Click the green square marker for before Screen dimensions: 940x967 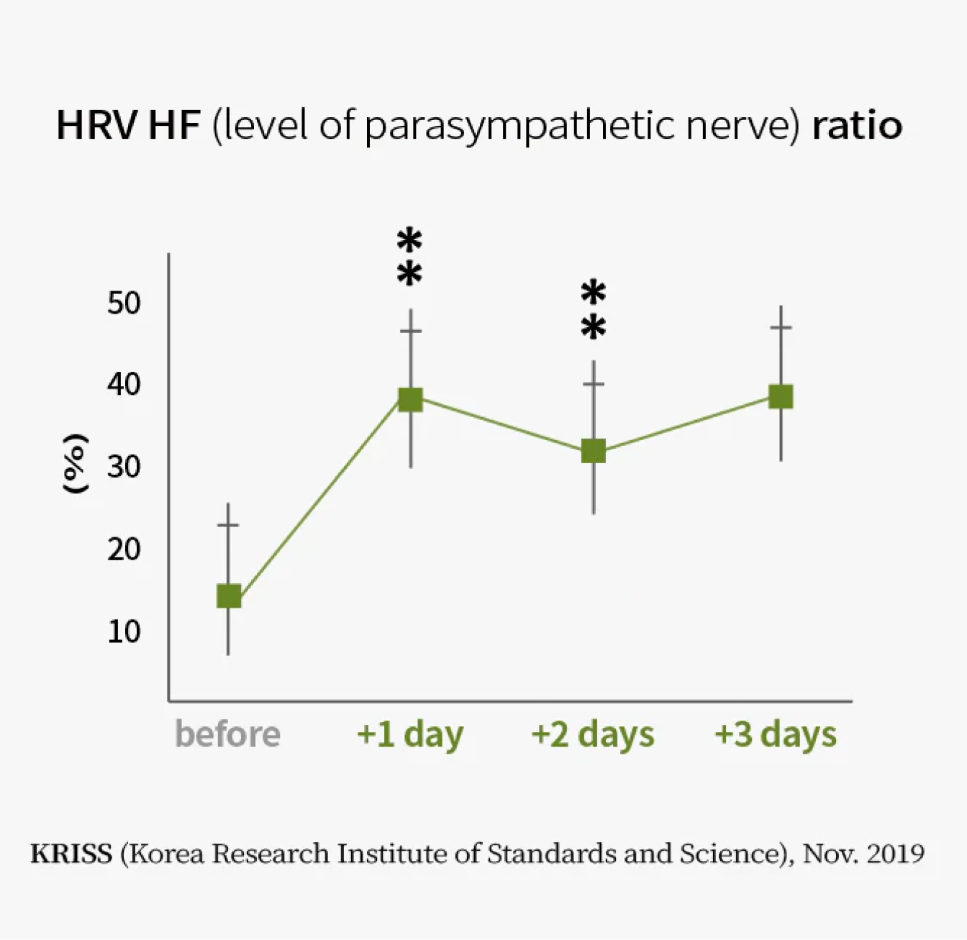click(229, 596)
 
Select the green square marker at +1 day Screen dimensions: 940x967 click(410, 399)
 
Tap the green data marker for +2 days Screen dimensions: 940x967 click(593, 452)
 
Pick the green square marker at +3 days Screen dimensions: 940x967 click(781, 396)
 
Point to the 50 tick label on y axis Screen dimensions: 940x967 click(124, 303)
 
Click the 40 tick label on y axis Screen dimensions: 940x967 click(124, 385)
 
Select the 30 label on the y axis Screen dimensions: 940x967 click(124, 467)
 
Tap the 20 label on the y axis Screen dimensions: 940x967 click(124, 549)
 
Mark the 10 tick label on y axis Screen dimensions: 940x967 click(124, 631)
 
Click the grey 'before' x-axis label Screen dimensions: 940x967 click(227, 734)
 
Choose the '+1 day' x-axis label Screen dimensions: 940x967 click(410, 735)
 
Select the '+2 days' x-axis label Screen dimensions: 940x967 click(593, 735)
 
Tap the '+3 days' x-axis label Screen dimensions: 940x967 click(776, 735)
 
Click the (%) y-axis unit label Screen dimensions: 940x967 click(75, 464)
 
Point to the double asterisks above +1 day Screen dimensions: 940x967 click(409, 257)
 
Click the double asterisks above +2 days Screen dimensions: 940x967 click(594, 311)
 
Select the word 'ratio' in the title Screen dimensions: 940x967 click(857, 126)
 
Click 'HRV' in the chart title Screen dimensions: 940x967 click(96, 126)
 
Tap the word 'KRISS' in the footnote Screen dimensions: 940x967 click(71, 854)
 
